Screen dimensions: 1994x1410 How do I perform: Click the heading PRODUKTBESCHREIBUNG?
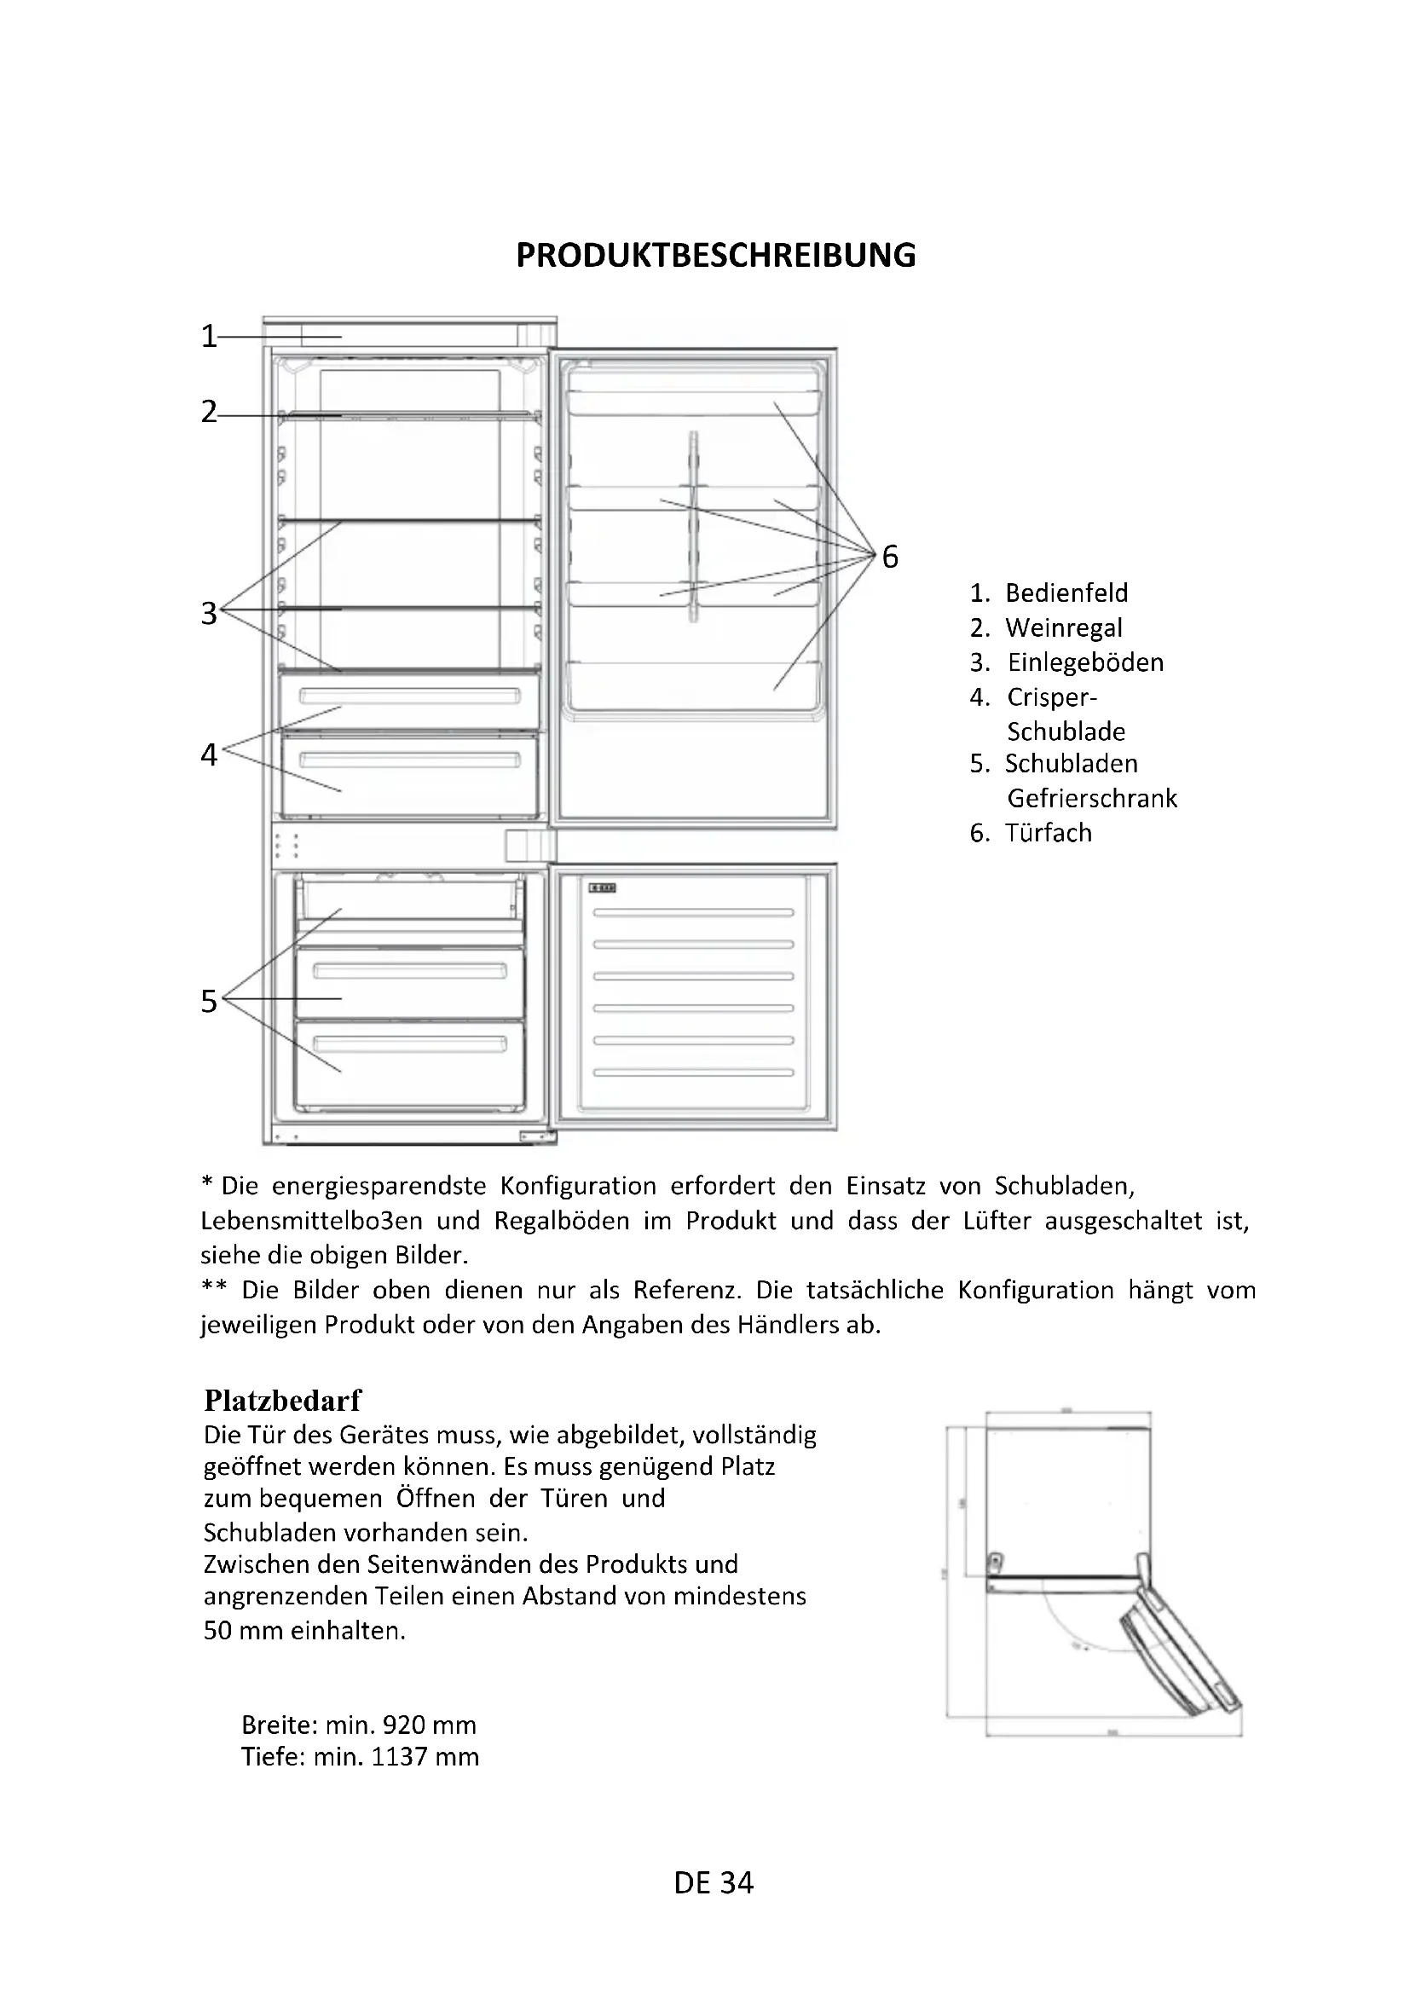coord(715,256)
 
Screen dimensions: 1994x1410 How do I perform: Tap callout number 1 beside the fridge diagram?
coord(208,336)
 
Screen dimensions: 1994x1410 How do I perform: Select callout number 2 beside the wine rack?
coord(208,412)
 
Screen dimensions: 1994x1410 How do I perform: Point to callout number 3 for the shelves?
coord(208,613)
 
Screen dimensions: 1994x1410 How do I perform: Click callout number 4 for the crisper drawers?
coord(208,754)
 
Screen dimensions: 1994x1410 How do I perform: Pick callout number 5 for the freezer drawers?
coord(208,1001)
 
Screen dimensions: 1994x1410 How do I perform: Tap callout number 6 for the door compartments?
coord(890,557)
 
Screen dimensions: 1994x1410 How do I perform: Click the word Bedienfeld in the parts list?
coord(1066,593)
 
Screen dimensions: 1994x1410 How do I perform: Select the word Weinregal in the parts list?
coord(1064,628)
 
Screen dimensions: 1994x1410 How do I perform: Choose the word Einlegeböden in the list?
coord(1085,662)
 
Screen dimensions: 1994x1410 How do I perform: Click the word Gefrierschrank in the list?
coord(1091,798)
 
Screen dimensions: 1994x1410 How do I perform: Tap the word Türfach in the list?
coord(1048,833)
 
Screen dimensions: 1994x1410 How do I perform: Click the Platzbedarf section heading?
coord(282,1399)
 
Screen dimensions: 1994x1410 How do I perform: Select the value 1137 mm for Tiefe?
coord(425,1757)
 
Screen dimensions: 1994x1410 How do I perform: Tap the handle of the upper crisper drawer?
coord(409,696)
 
